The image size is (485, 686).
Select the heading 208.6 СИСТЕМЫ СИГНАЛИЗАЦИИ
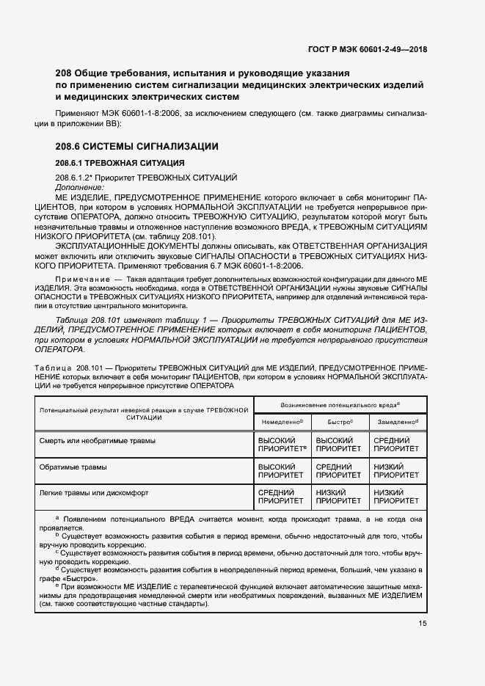coord(137,147)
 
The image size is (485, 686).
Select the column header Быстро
coord(338,422)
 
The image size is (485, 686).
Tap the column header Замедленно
coord(397,422)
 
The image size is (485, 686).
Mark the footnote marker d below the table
coord(57,568)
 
